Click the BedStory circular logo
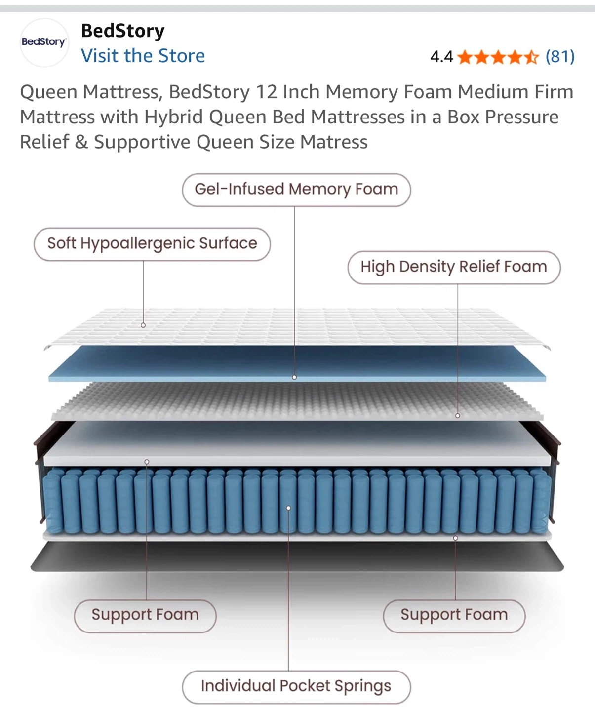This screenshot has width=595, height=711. (x=43, y=42)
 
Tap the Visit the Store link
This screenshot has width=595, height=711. (x=143, y=56)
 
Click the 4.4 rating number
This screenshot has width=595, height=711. (x=441, y=57)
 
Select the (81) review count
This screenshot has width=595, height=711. (x=560, y=57)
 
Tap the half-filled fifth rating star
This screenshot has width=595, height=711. (x=531, y=57)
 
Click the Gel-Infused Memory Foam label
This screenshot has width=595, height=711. (x=296, y=190)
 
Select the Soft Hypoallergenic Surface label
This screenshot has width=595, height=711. (x=152, y=244)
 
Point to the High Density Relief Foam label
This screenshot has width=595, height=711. (x=454, y=267)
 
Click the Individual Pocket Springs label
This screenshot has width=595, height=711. (x=296, y=686)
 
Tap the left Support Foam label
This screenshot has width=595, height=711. (x=145, y=615)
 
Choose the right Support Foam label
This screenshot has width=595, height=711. (x=454, y=615)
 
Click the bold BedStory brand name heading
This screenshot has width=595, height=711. (x=123, y=31)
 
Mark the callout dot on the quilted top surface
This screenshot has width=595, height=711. (x=143, y=325)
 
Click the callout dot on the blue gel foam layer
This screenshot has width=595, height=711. (x=294, y=377)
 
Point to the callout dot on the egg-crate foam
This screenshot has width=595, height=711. (x=458, y=416)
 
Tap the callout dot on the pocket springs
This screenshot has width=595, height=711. (x=288, y=508)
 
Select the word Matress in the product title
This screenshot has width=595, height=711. (x=334, y=142)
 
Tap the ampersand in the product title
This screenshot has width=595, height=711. (x=81, y=142)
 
